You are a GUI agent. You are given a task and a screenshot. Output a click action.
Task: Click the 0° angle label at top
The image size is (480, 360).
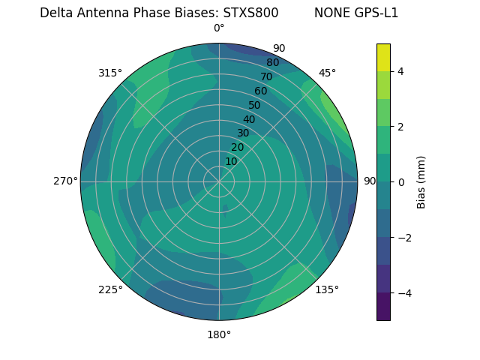click(219, 28)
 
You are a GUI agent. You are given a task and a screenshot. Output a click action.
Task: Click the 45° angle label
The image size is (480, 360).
click(327, 73)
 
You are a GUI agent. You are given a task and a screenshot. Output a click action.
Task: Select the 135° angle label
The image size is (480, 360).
click(327, 289)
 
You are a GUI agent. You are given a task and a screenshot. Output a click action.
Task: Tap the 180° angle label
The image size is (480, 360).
click(219, 334)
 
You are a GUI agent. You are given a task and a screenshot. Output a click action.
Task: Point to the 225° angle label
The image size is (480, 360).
click(110, 289)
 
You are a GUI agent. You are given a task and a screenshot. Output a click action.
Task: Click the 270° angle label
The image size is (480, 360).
click(66, 181)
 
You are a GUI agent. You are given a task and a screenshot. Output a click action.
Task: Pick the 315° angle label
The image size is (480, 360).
click(110, 73)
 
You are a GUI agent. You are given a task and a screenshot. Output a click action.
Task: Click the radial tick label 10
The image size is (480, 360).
click(231, 161)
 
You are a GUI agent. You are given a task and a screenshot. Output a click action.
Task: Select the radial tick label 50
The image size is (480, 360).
click(254, 105)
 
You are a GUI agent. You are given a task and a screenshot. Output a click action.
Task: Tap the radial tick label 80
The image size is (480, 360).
click(272, 62)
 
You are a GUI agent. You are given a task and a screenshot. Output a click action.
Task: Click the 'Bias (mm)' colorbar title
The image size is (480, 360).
click(421, 182)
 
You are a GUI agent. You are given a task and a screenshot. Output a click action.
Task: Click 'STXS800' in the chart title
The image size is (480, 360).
click(250, 13)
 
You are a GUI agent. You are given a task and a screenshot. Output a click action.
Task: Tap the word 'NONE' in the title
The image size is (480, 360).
click(329, 13)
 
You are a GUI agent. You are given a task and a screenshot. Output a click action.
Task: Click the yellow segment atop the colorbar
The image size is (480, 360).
click(383, 57)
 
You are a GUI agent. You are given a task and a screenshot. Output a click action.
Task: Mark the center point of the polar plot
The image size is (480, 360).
click(219, 181)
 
